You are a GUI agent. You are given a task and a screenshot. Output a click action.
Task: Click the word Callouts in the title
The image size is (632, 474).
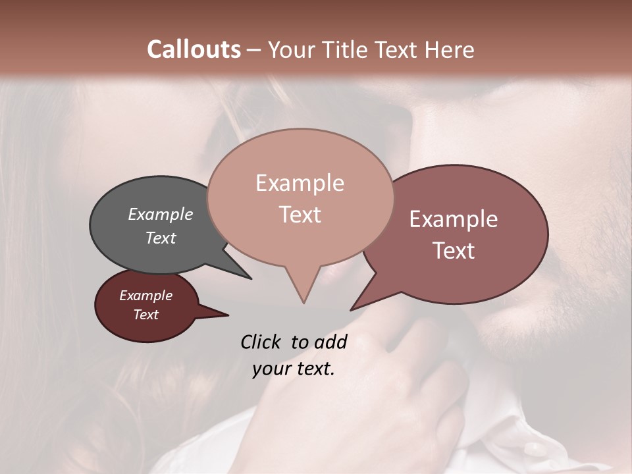194,49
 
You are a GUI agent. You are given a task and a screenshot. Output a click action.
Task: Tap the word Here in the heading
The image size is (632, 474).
446,49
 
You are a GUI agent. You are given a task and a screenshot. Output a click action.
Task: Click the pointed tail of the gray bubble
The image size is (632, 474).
251,278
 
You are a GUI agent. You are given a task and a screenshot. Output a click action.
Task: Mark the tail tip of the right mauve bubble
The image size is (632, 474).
352,309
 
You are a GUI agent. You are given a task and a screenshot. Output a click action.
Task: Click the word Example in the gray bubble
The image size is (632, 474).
160,215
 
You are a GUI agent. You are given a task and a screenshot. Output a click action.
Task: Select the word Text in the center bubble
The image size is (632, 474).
300,215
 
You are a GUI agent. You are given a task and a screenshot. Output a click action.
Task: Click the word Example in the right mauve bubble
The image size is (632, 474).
454,220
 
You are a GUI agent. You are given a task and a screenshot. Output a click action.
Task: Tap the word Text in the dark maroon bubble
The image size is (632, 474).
145,315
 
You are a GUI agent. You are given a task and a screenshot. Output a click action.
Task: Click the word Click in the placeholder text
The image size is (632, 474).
261,342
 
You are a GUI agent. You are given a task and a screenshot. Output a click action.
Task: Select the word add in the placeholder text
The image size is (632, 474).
330,342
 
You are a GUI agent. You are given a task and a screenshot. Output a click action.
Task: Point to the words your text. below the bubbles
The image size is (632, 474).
294,369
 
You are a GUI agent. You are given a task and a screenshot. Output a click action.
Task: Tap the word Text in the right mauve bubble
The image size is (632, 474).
454,251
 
